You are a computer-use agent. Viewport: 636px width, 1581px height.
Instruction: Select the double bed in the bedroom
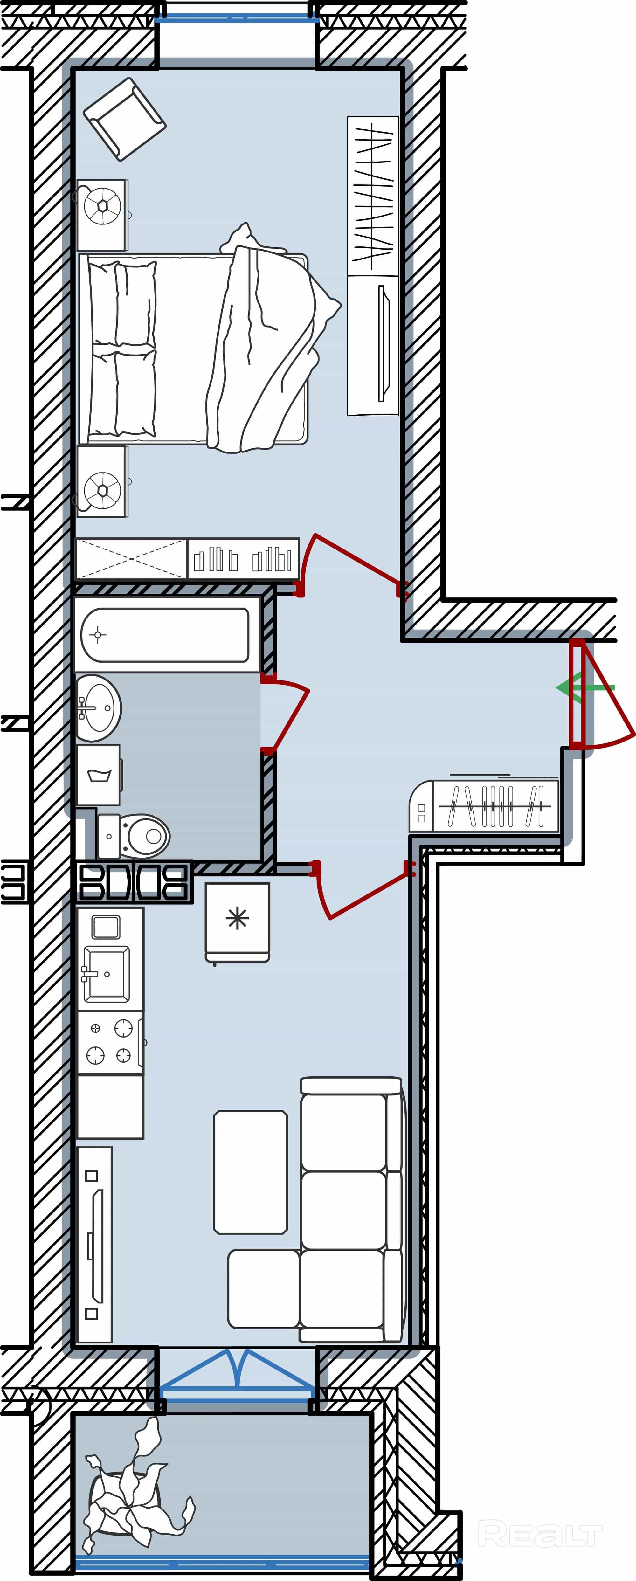coord(203,347)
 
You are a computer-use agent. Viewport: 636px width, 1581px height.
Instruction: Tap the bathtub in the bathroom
coord(166,635)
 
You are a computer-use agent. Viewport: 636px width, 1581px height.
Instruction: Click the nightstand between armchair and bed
coord(102,215)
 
